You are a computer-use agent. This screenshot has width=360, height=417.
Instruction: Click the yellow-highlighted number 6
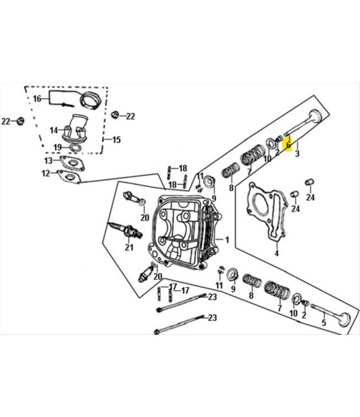(289, 145)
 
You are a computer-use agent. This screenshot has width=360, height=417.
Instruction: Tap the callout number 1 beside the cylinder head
(227, 240)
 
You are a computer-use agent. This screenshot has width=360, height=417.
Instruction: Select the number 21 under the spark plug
(129, 248)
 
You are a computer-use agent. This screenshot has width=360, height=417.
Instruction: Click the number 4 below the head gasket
(277, 253)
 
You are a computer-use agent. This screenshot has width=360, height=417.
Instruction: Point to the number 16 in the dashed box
(37, 99)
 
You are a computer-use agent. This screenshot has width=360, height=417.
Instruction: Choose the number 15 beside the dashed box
(116, 140)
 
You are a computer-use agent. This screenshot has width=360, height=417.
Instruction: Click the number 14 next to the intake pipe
(54, 130)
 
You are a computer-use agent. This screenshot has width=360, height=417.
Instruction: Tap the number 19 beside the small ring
(57, 147)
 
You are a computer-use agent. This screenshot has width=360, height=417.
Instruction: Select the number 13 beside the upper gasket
(49, 160)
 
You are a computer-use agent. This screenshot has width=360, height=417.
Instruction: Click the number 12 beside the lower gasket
(45, 173)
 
